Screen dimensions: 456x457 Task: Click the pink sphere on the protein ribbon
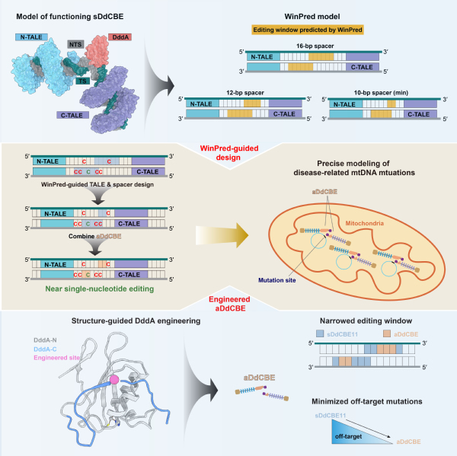click(x=117, y=379)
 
